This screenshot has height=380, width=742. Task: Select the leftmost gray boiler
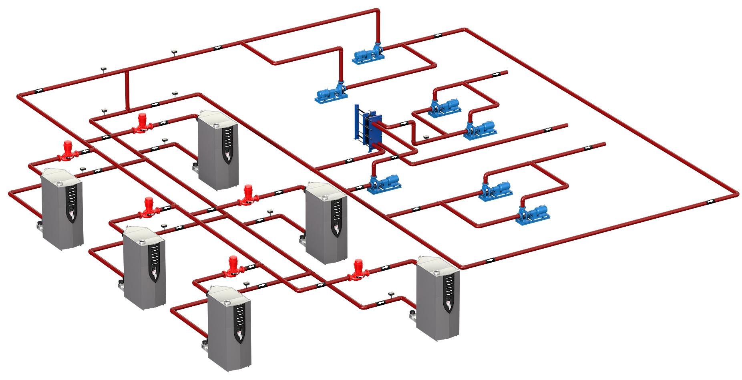click(x=62, y=208)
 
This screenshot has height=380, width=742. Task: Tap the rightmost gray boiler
click(x=438, y=298)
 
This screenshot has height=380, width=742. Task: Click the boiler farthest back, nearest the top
click(x=220, y=150)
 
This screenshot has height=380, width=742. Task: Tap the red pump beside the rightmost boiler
click(x=358, y=270)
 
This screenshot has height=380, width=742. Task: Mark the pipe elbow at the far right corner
click(x=736, y=193)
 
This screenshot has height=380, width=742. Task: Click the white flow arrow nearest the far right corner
click(x=710, y=201)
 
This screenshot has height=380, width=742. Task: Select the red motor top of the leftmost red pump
click(x=68, y=144)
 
